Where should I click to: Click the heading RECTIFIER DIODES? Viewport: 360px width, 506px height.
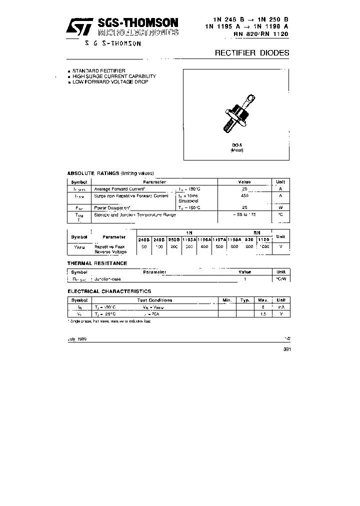coord(251,52)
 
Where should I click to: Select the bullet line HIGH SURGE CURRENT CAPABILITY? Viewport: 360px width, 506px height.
coord(114,76)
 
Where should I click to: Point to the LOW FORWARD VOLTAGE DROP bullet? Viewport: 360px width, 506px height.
coord(110,81)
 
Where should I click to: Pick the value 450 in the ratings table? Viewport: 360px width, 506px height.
coord(244,195)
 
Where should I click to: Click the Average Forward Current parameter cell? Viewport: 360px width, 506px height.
coord(119,189)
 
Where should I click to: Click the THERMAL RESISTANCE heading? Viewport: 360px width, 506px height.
coord(97,263)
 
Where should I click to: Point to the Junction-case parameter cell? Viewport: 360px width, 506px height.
coord(107,278)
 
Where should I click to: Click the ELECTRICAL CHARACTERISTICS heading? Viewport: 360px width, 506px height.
coord(109,291)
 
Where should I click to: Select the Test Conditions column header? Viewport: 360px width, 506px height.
coord(154,300)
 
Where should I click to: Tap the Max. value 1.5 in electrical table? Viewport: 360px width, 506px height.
coord(262,313)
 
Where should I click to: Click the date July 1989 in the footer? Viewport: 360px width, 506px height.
coord(77,338)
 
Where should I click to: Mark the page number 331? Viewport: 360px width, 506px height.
coord(286,349)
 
